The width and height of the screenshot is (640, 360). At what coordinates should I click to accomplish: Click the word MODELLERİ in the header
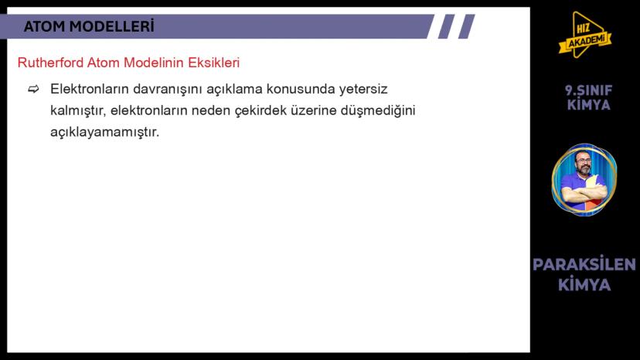point(112,27)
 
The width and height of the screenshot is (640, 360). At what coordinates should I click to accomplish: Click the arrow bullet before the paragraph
point(33,90)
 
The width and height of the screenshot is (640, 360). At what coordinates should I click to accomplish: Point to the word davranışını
point(148,89)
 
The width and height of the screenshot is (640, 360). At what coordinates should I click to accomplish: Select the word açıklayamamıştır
point(104,132)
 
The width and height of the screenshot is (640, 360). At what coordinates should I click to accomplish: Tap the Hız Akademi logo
point(585,35)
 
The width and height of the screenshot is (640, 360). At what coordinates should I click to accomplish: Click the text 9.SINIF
point(588,90)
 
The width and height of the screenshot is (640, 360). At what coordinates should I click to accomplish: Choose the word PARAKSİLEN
point(584,265)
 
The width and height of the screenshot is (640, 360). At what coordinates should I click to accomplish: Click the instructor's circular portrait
point(584,181)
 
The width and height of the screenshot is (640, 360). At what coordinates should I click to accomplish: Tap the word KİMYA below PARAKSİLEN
point(584,285)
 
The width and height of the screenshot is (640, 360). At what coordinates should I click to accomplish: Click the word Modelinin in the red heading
point(157,63)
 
